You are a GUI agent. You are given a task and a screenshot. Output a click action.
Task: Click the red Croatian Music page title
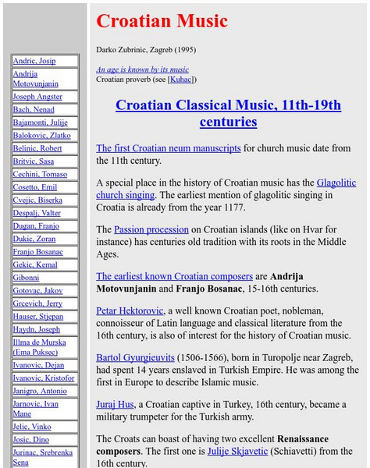pos(162,21)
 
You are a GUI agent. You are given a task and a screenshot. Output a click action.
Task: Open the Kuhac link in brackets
pos(182,79)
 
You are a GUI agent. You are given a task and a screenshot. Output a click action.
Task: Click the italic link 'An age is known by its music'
pos(142,69)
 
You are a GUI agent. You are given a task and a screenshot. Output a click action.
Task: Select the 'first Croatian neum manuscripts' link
pos(168,148)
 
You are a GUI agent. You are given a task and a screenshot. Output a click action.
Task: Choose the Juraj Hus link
pos(116,405)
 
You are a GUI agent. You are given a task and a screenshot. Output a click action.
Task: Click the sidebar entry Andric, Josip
pos(34,61)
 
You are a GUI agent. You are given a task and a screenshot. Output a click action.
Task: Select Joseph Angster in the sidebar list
pos(37,97)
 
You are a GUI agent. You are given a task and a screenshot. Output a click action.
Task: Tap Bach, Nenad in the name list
pos(34,110)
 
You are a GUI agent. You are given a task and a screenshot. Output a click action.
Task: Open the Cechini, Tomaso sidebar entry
pos(40,175)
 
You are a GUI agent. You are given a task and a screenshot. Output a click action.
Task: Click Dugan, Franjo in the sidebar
pos(36,226)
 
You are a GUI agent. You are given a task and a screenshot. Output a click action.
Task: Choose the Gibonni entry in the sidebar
pos(26,278)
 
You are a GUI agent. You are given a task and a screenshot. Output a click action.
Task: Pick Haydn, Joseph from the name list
pos(36,329)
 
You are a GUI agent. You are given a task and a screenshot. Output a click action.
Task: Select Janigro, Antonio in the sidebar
pos(40,391)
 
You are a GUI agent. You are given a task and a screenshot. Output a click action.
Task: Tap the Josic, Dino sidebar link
pos(30,439)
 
